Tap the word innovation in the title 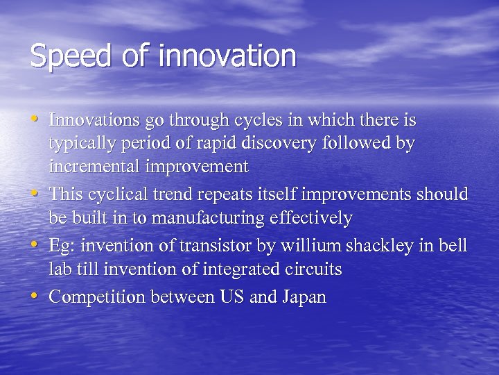[x=227, y=55]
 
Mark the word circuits [x=313, y=269]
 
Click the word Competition [x=97, y=297]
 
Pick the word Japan [x=304, y=297]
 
